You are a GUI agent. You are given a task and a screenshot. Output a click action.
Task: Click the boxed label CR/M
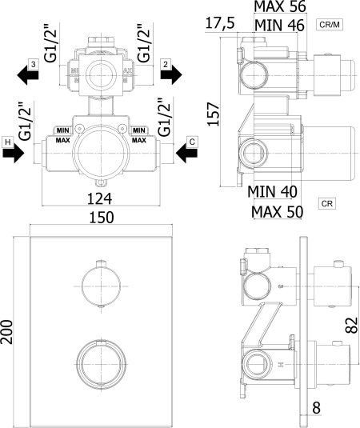(x=330, y=25)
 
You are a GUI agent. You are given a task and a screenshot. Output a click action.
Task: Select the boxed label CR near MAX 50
(x=326, y=204)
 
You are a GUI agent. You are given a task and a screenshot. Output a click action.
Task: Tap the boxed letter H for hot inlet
(x=8, y=142)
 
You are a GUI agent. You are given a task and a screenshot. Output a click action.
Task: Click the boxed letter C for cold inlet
(x=192, y=142)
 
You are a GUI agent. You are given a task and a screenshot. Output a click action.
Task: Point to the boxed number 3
(x=34, y=65)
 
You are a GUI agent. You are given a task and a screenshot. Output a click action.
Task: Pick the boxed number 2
(x=166, y=65)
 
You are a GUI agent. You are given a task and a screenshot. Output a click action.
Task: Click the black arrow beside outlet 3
(x=27, y=75)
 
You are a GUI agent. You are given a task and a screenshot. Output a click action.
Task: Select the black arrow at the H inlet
(x=14, y=153)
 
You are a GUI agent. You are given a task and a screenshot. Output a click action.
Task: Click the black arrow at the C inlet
(x=186, y=153)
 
